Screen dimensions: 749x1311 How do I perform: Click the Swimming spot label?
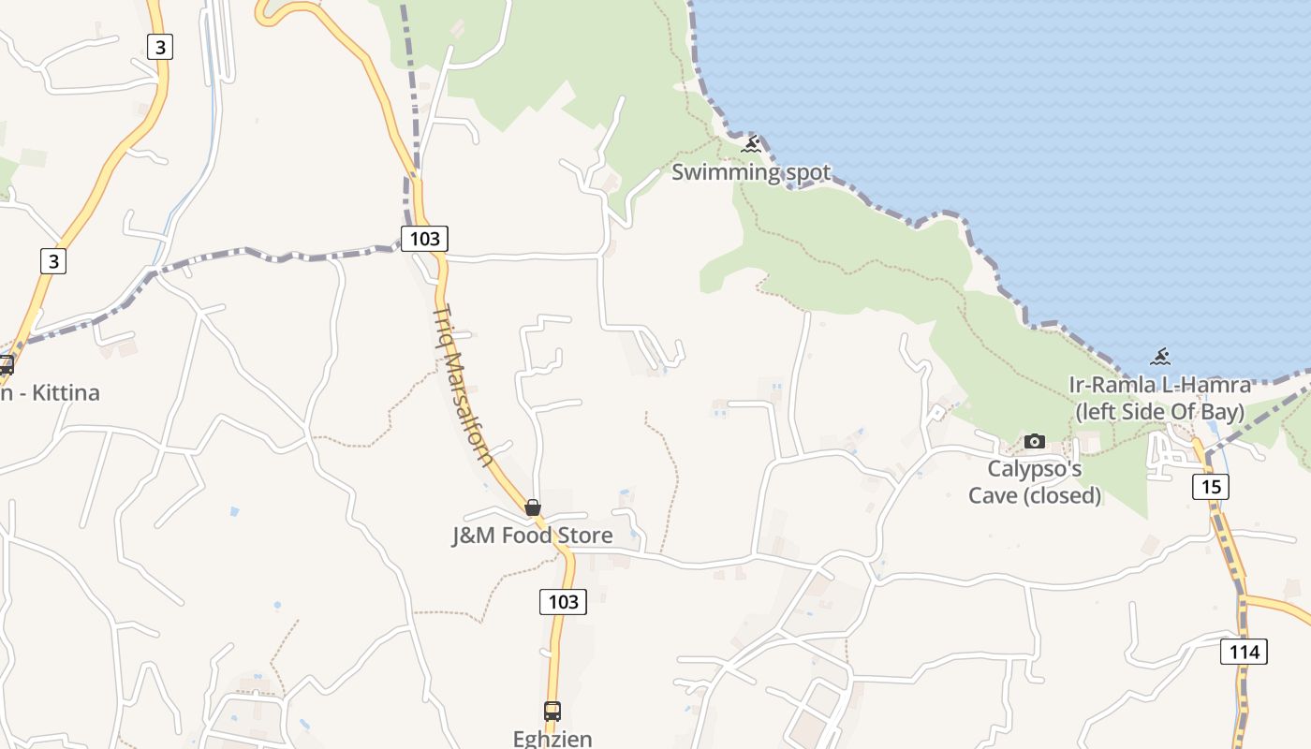pos(751,172)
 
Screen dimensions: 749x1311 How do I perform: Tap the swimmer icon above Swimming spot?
pos(751,145)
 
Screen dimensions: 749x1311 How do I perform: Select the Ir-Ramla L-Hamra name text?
pos(1159,385)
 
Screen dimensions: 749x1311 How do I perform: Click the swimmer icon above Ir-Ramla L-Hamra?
pos(1160,357)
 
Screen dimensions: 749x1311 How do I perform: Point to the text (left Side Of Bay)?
pos(1159,411)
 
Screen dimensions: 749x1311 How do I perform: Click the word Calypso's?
pos(1035,468)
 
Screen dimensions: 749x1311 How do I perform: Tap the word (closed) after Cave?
pos(1066,495)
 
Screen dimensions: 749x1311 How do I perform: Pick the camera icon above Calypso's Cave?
pos(1035,441)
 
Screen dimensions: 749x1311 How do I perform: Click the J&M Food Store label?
pos(533,536)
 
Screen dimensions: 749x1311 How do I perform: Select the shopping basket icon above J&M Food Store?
pos(533,507)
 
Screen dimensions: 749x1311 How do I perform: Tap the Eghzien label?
pos(552,738)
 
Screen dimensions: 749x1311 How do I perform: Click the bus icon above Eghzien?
pos(552,711)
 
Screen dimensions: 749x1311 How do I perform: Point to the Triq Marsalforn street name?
pos(463,384)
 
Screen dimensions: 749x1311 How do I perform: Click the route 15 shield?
pos(1211,487)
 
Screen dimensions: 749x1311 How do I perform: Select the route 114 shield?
pos(1244,651)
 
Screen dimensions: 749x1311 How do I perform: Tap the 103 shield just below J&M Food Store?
pos(563,602)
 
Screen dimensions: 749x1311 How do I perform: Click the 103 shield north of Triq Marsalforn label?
pos(424,238)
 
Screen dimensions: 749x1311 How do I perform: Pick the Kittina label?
pos(65,392)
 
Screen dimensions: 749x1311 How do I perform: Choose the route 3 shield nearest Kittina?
pos(53,261)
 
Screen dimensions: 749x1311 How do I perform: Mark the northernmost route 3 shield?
pos(160,46)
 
